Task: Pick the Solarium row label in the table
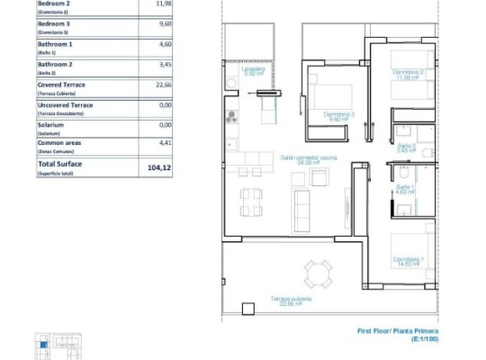click(x=51, y=127)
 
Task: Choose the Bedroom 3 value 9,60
click(x=164, y=25)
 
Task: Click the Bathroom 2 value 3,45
click(x=164, y=66)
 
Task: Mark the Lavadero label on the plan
click(x=253, y=71)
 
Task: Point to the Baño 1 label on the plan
click(x=404, y=189)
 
